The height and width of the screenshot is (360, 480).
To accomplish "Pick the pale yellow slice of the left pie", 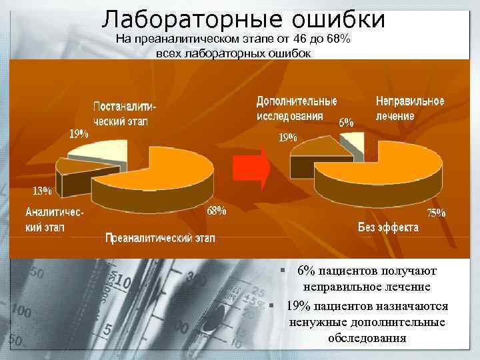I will (x=107, y=149).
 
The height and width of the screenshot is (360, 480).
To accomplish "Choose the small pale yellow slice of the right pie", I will (x=354, y=141).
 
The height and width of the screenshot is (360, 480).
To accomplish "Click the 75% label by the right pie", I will (x=436, y=213).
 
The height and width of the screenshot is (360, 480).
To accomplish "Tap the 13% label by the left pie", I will (x=43, y=191).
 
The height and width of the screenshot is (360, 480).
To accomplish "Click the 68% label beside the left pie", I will (x=216, y=212).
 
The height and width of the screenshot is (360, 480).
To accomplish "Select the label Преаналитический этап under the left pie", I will (x=158, y=237).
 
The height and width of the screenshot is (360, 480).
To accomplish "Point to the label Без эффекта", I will (x=388, y=227).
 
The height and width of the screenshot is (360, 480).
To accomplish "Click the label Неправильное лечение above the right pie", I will (x=409, y=108).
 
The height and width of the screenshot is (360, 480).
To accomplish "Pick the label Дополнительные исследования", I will (x=296, y=108).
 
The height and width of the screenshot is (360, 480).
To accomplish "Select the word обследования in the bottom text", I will (x=367, y=338).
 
